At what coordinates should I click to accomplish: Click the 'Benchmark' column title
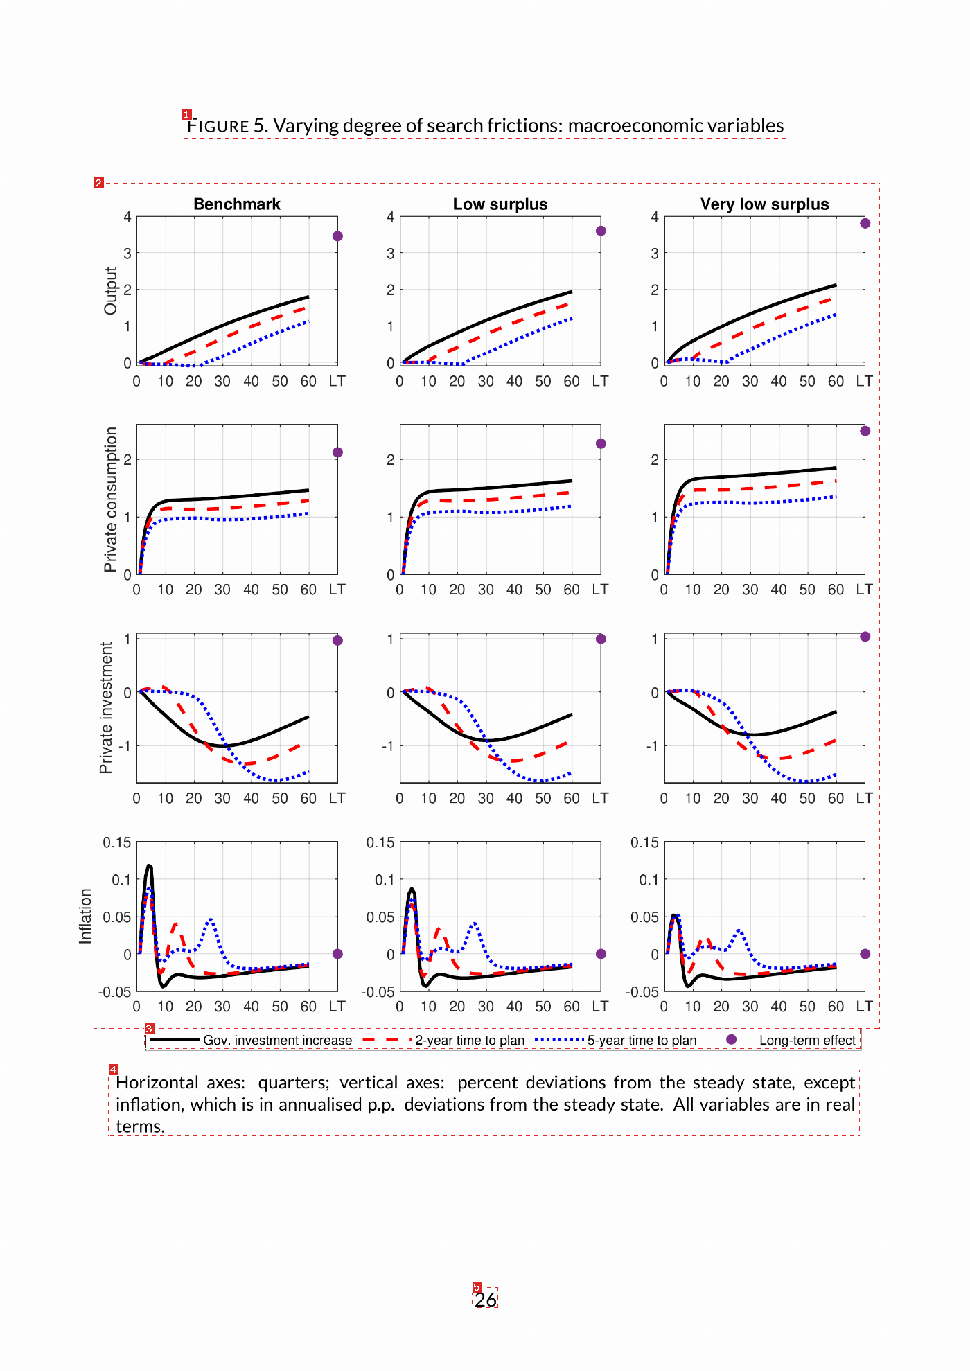point(237,204)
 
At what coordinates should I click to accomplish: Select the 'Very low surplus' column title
point(764,204)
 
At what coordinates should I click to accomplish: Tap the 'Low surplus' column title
point(500,204)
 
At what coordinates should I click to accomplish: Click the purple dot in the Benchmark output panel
point(337,236)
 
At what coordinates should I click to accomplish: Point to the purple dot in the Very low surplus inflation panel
point(865,954)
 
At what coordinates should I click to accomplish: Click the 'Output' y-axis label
point(111,291)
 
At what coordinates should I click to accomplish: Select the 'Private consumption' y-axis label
point(110,499)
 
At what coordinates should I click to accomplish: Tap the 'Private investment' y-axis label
point(106,707)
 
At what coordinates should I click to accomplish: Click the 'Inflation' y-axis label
point(85,916)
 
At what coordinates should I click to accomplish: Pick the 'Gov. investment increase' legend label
point(277,1040)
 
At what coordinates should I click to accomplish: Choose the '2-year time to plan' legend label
point(470,1040)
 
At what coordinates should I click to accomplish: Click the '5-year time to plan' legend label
point(642,1040)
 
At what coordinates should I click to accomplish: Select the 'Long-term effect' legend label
point(807,1040)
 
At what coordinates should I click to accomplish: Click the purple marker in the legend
point(731,1039)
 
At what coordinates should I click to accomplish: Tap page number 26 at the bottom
point(486,1300)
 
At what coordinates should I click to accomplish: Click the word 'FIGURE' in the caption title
point(218,126)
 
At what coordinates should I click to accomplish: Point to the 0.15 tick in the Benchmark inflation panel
point(117,842)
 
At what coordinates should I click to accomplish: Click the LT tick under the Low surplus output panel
point(600,381)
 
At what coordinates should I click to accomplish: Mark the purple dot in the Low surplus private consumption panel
point(601,443)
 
